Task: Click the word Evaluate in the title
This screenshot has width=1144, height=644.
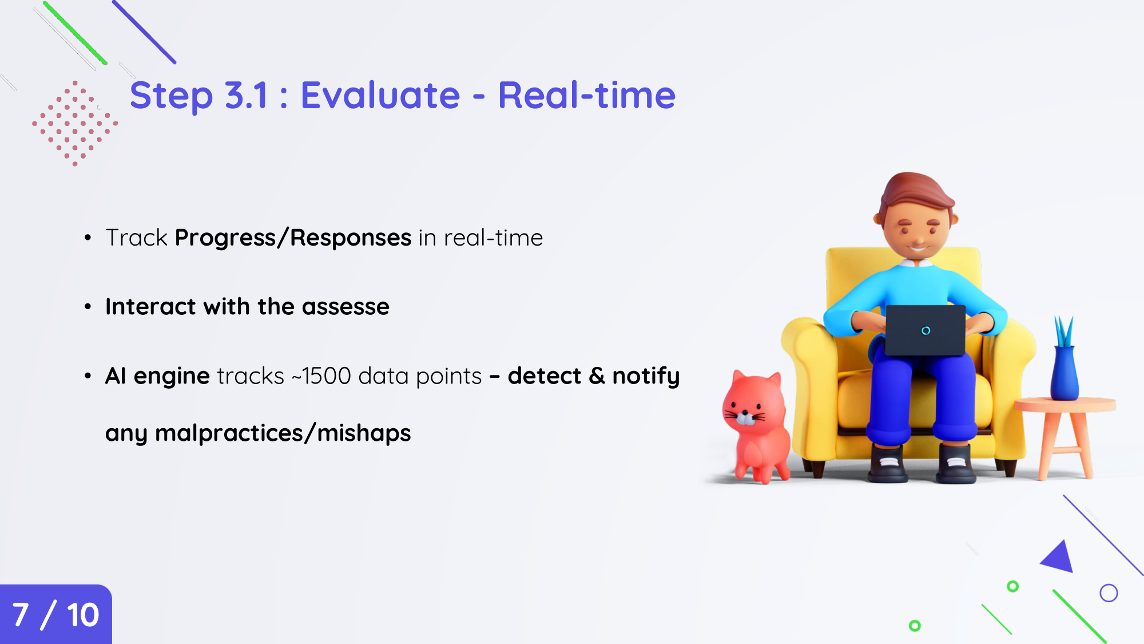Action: [x=380, y=95]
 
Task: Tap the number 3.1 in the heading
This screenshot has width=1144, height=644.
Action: [x=247, y=95]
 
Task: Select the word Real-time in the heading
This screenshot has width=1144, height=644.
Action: [x=587, y=95]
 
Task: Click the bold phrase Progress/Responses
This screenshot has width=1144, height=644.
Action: [x=293, y=238]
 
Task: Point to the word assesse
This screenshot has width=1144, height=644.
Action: [x=345, y=307]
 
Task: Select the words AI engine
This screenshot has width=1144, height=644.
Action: [x=158, y=377]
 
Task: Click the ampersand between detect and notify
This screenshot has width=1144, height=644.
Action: [x=597, y=376]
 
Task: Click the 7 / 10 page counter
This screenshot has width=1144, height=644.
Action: [x=55, y=615]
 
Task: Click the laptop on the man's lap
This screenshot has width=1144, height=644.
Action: [x=925, y=330]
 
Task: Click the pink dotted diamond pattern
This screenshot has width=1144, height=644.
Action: [x=75, y=124]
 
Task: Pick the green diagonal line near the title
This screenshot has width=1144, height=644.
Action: [x=75, y=33]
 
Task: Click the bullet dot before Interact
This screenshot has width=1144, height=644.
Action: [x=88, y=307]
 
